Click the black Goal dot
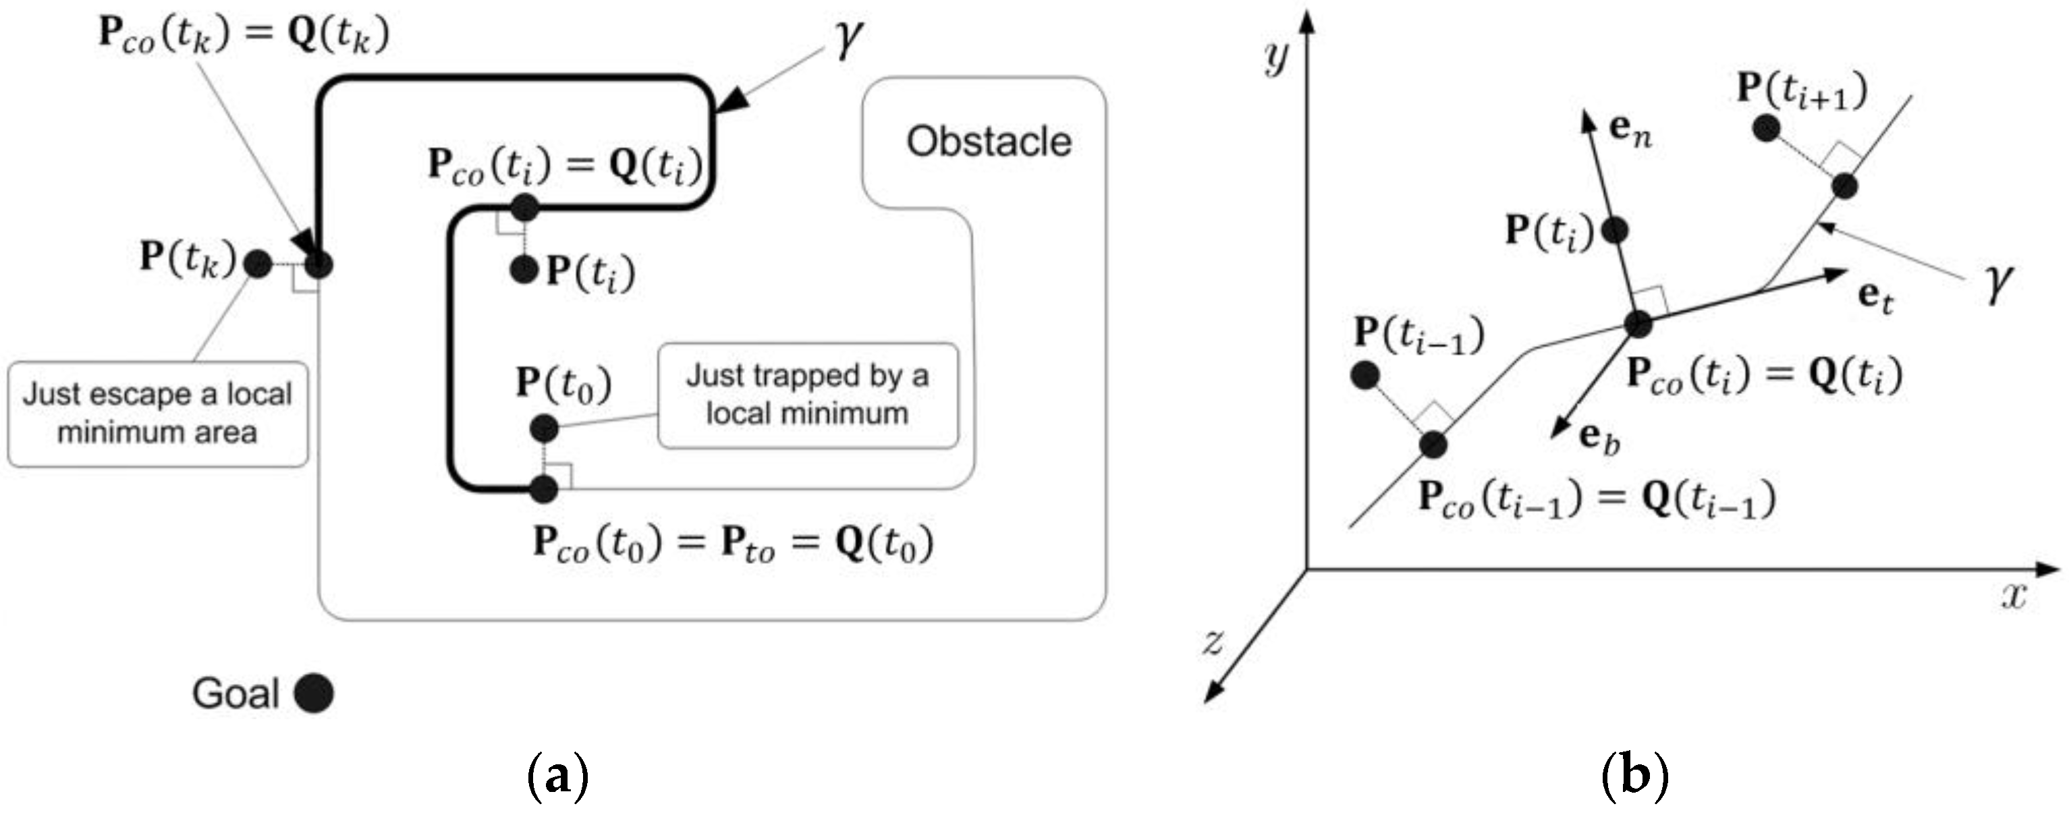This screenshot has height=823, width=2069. (x=313, y=693)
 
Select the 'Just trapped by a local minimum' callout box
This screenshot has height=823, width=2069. (x=807, y=395)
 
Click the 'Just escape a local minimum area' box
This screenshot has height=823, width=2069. (x=157, y=414)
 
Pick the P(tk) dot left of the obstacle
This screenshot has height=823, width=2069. (x=258, y=263)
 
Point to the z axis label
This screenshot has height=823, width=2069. (x=1212, y=641)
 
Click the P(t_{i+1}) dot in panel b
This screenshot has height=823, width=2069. (x=1765, y=127)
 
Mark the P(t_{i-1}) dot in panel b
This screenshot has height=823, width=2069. (x=1365, y=375)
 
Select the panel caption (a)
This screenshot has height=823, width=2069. (x=558, y=776)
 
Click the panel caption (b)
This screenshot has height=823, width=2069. (x=1635, y=776)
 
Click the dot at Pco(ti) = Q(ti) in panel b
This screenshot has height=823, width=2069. (x=1638, y=324)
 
